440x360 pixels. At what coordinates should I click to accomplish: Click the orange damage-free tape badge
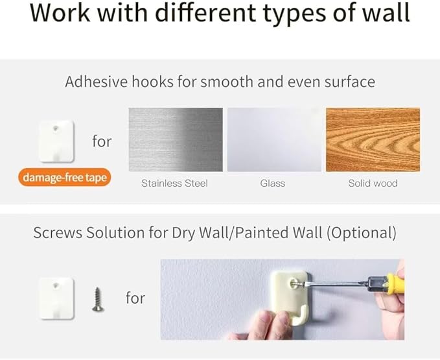click(x=65, y=177)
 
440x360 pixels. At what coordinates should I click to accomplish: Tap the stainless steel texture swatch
click(x=176, y=139)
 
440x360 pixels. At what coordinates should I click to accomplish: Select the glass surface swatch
click(x=274, y=139)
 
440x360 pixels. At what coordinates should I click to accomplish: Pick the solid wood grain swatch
click(x=373, y=139)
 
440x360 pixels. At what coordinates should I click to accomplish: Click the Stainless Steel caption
click(x=174, y=184)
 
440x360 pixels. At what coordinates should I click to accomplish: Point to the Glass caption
click(x=272, y=184)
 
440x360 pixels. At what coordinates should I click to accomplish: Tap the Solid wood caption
click(x=373, y=184)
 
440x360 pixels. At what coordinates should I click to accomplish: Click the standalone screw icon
click(x=98, y=299)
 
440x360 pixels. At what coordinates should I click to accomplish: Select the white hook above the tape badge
click(x=56, y=141)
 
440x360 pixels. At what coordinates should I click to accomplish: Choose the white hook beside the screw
click(x=56, y=298)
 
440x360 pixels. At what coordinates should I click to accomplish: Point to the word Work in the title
click(x=60, y=13)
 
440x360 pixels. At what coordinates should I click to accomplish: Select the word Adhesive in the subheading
click(x=97, y=82)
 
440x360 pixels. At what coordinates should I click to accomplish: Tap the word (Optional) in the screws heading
click(x=362, y=233)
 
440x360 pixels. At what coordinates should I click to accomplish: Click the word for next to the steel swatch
click(x=102, y=141)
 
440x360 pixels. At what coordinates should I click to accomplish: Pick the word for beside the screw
click(x=135, y=298)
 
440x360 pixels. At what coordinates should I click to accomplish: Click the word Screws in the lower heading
click(x=58, y=233)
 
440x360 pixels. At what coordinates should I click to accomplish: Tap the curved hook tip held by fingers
click(x=302, y=316)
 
